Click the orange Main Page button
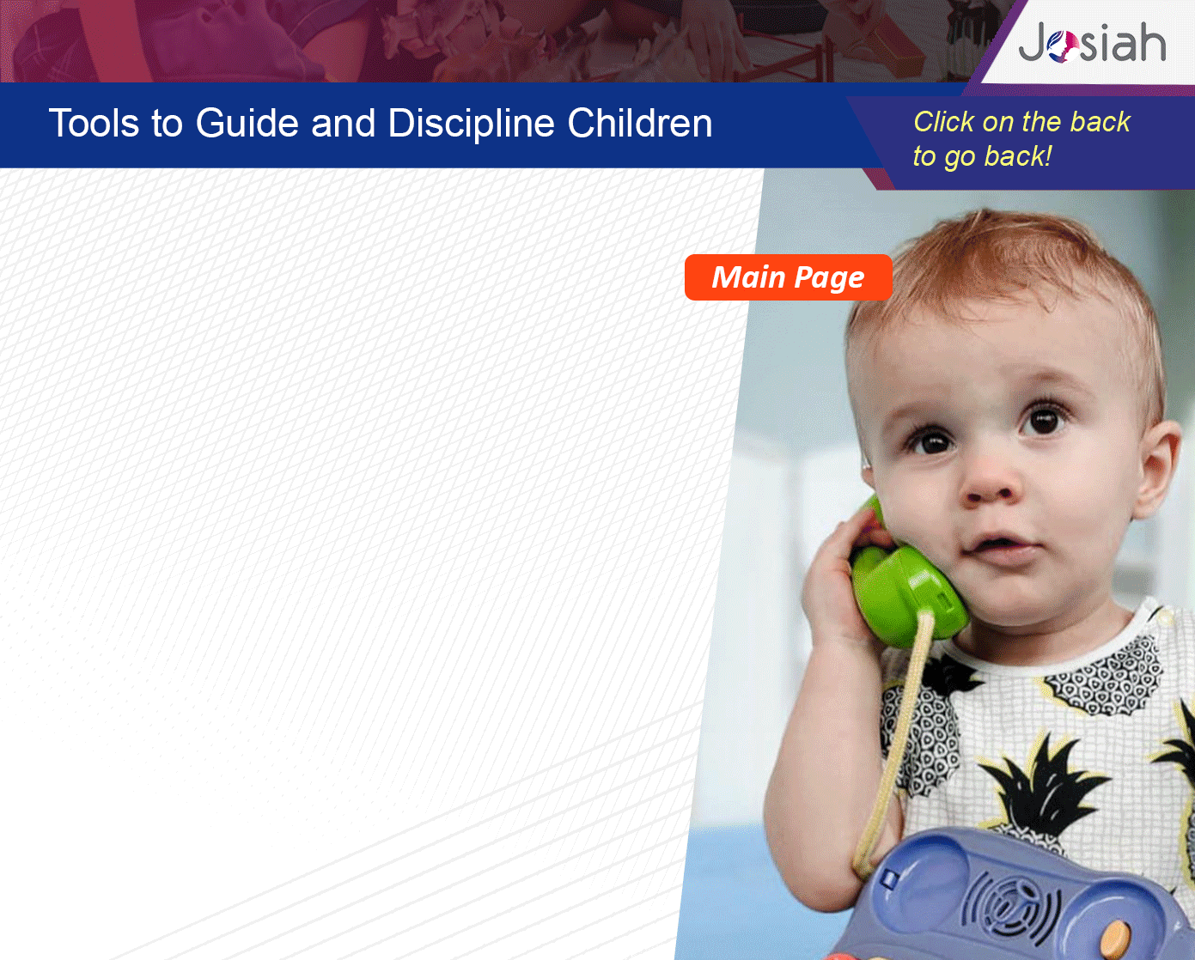click(x=789, y=277)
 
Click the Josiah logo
click(x=1092, y=43)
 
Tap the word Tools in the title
click(x=94, y=123)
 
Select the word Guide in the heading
click(x=247, y=123)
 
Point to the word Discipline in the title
click(x=471, y=124)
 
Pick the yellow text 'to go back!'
click(x=982, y=156)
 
